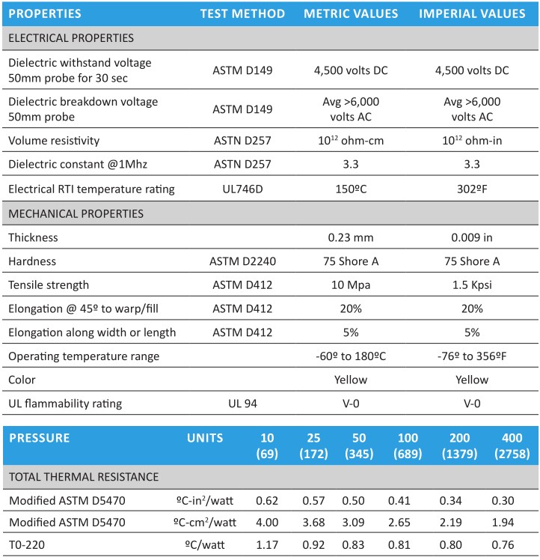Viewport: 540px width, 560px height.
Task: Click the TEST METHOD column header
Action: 242,13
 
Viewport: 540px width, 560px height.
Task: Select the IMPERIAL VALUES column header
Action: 471,13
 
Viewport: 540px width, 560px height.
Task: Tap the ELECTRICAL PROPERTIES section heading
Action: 71,37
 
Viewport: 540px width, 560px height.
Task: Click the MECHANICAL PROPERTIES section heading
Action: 76,213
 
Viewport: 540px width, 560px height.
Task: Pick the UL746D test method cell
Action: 242,189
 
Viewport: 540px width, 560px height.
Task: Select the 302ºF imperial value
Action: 471,189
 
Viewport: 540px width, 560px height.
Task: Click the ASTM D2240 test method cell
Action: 242,261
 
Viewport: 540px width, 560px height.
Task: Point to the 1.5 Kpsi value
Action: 471,284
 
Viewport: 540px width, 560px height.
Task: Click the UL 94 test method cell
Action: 242,404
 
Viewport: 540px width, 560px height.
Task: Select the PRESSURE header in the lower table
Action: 40,437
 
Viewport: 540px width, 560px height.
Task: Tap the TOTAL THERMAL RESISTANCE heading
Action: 83,476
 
